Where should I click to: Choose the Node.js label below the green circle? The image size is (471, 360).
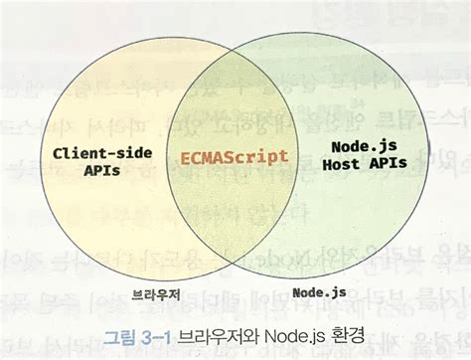click(x=319, y=293)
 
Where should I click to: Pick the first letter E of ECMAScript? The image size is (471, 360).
click(x=186, y=156)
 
